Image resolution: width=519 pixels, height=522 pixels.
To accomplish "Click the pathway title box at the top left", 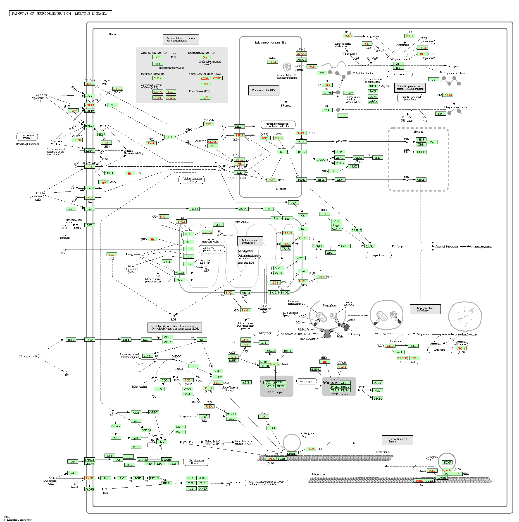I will (x=60, y=14).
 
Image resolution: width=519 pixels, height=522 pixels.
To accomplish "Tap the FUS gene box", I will (x=170, y=92).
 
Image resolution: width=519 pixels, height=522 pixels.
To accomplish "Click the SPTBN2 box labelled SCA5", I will (x=118, y=89).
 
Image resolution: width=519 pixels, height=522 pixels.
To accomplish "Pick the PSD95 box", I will (x=101, y=134).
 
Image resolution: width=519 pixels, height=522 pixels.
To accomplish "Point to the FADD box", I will (x=194, y=209).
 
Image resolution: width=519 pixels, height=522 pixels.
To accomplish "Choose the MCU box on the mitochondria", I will (x=218, y=225).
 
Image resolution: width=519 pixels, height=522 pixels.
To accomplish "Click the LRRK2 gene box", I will (x=288, y=233).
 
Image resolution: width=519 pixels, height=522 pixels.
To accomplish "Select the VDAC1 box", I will (x=179, y=273).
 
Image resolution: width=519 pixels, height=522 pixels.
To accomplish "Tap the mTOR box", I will (x=246, y=383).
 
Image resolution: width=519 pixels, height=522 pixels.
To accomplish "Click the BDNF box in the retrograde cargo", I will (x=447, y=463).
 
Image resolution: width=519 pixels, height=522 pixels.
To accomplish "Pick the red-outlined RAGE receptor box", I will (x=90, y=478).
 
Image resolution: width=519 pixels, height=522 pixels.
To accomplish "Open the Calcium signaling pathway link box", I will (x=192, y=180).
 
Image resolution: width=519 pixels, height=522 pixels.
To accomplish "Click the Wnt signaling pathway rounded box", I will (x=196, y=462).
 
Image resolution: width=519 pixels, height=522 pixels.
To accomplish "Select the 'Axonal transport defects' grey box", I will (x=397, y=440).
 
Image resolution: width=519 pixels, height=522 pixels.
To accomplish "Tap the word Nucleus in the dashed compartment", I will (x=418, y=132).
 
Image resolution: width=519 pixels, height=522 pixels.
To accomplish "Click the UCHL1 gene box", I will (x=448, y=95).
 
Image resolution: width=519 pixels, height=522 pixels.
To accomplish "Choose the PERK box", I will (x=301, y=180).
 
